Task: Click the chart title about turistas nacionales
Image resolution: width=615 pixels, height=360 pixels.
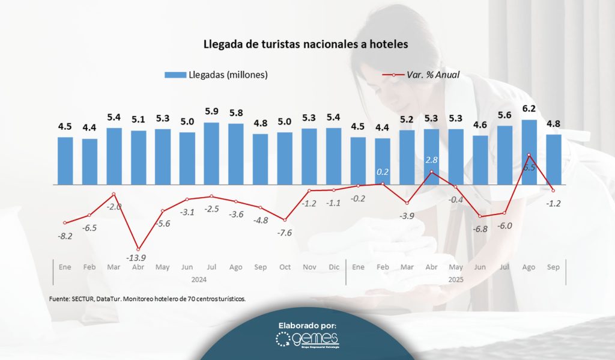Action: pos(307,44)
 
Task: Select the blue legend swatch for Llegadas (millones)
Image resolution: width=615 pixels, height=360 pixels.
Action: pos(175,75)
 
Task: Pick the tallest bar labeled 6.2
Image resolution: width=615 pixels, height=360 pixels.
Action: pos(529,152)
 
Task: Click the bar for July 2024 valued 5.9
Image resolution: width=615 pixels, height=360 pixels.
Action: pos(211,153)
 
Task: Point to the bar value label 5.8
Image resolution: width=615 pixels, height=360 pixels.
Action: pos(236,112)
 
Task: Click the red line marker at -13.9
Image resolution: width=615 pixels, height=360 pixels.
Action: pos(139,249)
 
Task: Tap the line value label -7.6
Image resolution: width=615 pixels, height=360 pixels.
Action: pos(285,233)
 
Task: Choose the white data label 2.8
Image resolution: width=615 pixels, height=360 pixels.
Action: pos(432,160)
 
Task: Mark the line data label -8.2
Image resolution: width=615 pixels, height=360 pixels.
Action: pos(65,236)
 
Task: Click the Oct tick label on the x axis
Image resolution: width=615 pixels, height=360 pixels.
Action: pos(285,267)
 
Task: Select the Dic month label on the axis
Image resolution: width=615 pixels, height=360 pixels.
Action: pos(333,267)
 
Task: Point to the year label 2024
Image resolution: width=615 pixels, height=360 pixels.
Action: pos(199,279)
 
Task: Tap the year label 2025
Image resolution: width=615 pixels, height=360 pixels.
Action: pos(456,279)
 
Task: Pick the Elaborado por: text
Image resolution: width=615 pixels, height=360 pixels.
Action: pos(307,325)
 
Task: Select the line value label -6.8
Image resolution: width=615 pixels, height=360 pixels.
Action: pos(480,229)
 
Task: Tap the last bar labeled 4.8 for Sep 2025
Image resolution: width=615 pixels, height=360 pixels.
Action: pos(554,159)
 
